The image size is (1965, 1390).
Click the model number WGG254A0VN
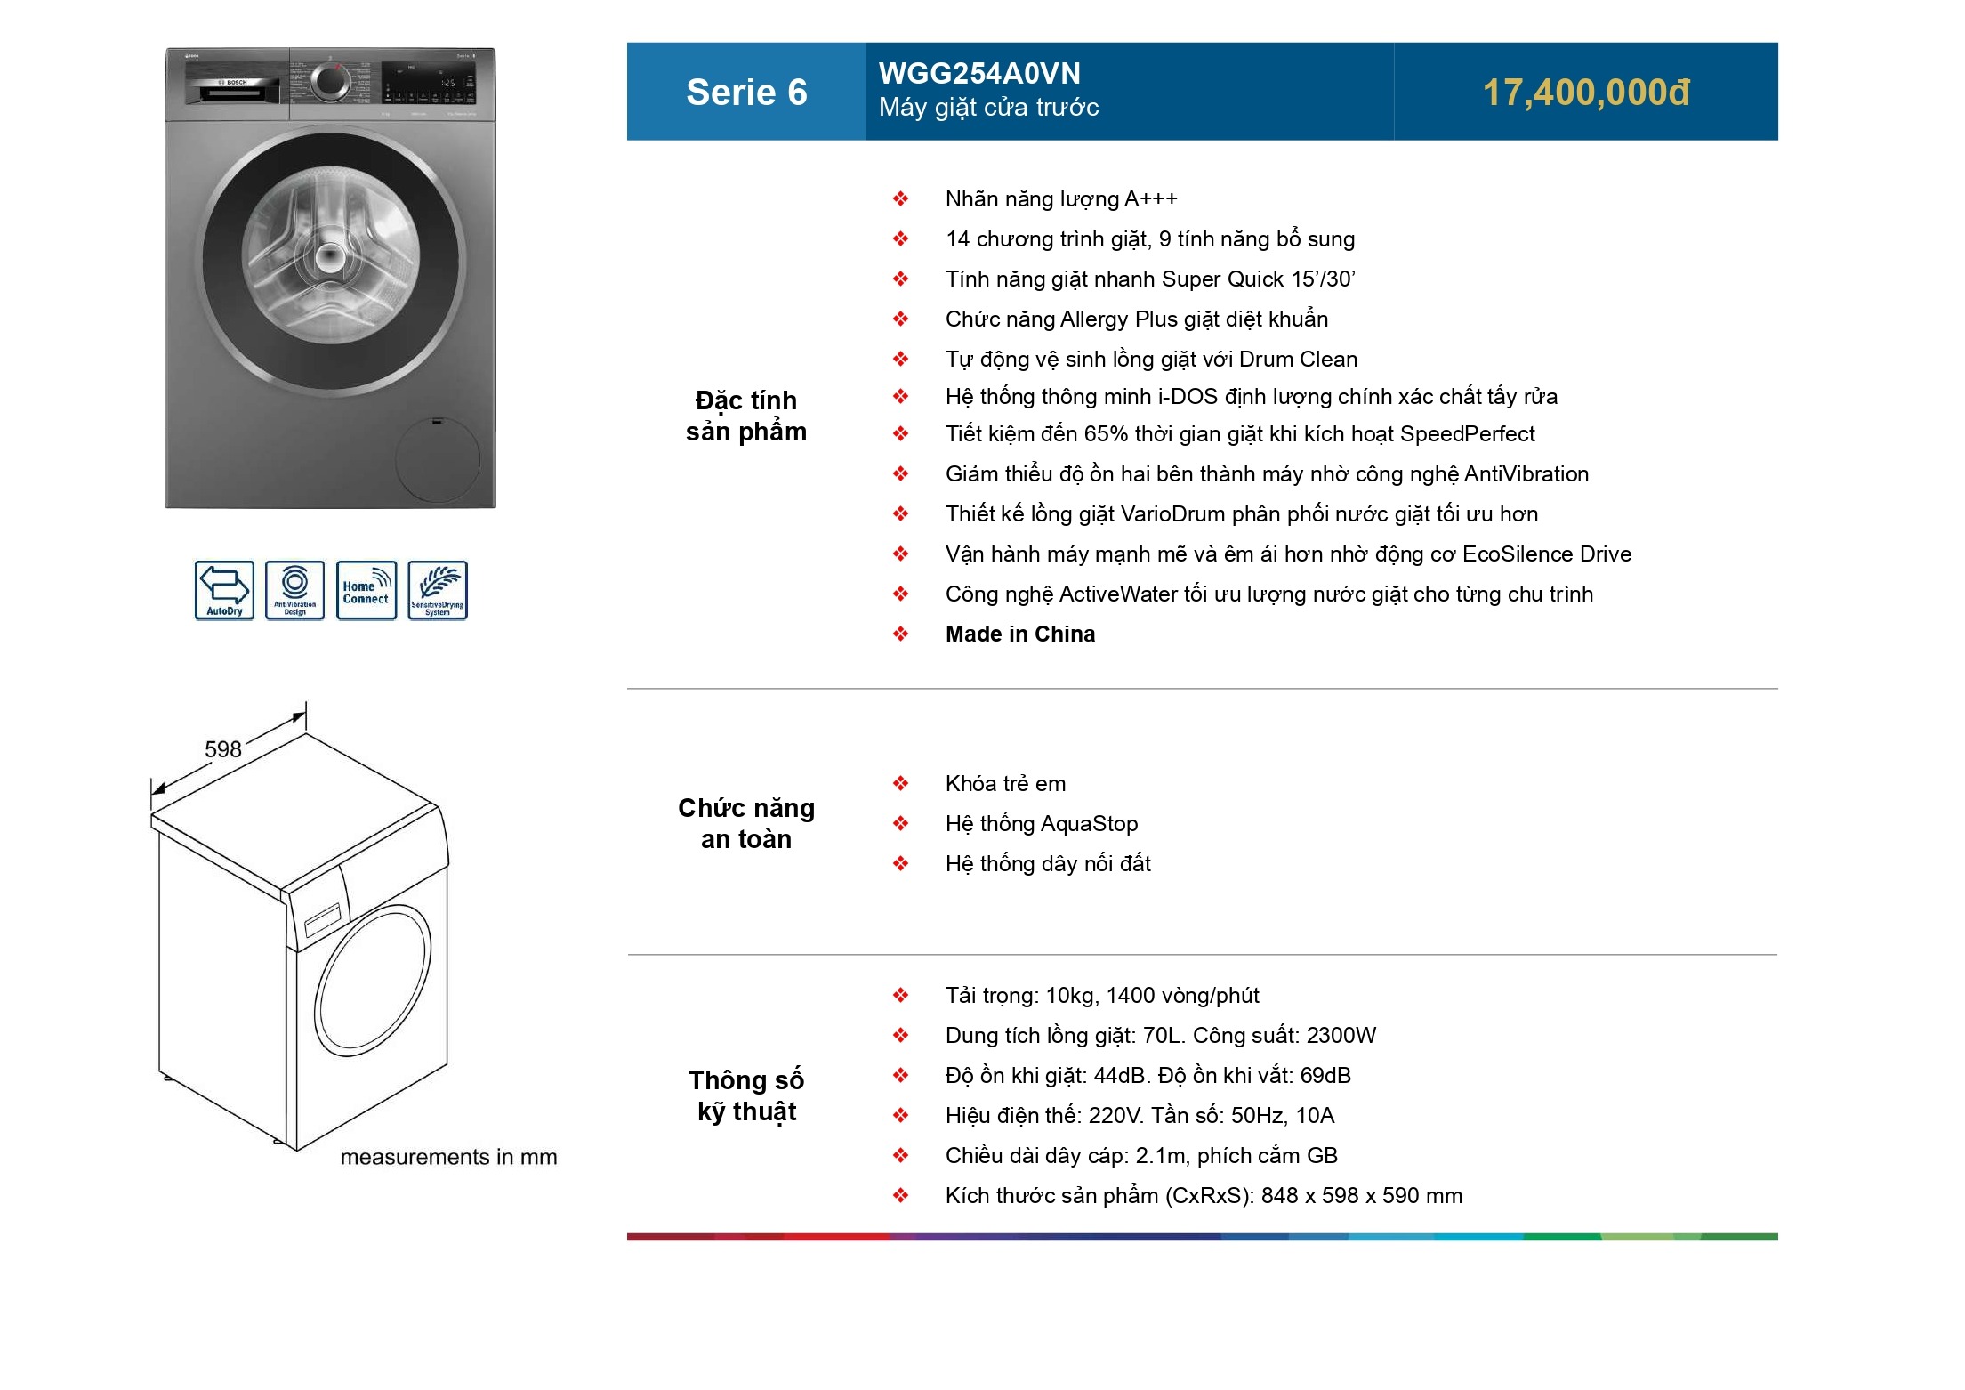(979, 73)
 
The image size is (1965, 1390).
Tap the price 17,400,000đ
(1586, 93)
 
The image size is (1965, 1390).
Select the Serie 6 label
(746, 93)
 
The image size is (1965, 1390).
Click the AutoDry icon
(224, 590)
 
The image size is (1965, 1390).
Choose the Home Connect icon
(366, 590)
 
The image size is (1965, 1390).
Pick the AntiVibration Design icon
(295, 590)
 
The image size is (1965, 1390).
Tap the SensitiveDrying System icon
(438, 590)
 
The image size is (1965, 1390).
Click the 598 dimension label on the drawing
(222, 749)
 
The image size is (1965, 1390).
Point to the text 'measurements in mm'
(448, 1157)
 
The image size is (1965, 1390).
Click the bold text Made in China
(1020, 634)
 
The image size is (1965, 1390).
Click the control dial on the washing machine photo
(330, 82)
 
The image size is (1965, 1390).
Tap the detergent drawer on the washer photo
(233, 90)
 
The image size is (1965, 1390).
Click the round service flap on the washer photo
(438, 460)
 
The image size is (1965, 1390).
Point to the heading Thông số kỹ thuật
(746, 1095)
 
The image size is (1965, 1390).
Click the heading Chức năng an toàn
(746, 823)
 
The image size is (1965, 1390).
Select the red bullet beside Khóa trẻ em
(901, 784)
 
